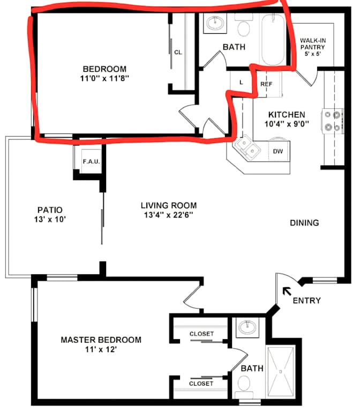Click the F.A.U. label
click(91, 161)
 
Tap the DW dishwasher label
click(278, 151)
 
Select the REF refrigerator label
click(266, 84)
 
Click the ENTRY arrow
click(287, 291)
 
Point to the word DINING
click(304, 222)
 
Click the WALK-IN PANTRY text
click(313, 44)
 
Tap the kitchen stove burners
click(332, 121)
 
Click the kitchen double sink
click(246, 147)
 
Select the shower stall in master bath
click(280, 371)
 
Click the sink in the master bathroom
click(247, 327)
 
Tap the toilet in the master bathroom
click(244, 386)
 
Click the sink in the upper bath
click(215, 23)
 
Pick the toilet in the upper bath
click(243, 25)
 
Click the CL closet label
click(178, 53)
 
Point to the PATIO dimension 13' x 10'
click(50, 219)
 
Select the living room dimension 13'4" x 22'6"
click(168, 215)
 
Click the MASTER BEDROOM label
click(101, 340)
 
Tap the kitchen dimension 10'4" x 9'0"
click(287, 124)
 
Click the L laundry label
click(241, 83)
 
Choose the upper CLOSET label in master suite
click(201, 334)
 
